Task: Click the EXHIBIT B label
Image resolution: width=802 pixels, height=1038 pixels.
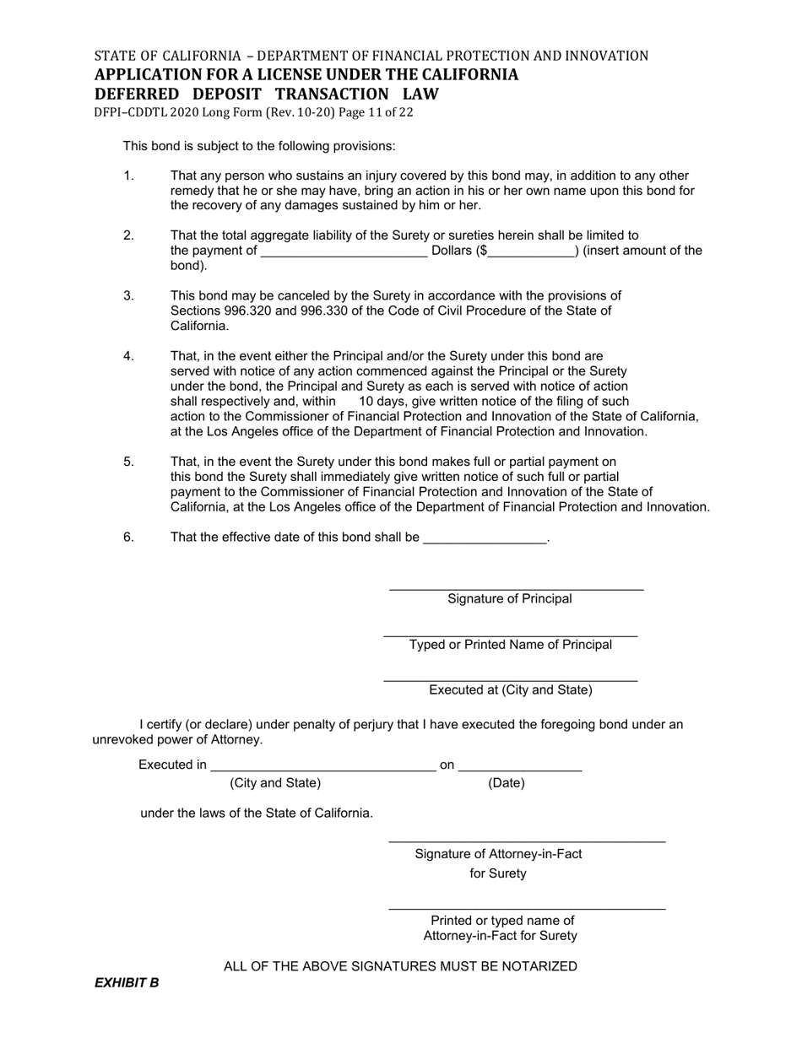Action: pyautogui.click(x=127, y=982)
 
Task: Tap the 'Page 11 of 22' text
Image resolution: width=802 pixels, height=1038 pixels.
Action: pyautogui.click(x=373, y=112)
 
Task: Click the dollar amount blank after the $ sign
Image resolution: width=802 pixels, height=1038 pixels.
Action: pyautogui.click(x=531, y=254)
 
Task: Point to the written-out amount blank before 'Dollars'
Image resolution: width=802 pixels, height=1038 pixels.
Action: pyautogui.click(x=344, y=254)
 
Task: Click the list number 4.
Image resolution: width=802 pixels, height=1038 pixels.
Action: pyautogui.click(x=129, y=356)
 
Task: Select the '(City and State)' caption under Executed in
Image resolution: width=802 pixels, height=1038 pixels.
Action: pyautogui.click(x=275, y=783)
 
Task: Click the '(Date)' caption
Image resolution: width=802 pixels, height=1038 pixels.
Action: pyautogui.click(x=507, y=783)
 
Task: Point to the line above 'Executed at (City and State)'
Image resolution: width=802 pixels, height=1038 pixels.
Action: pyautogui.click(x=510, y=679)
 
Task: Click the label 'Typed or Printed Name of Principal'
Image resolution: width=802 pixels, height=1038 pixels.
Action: pyautogui.click(x=511, y=645)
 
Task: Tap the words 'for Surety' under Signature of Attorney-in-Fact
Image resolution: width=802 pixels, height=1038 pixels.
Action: pyautogui.click(x=498, y=873)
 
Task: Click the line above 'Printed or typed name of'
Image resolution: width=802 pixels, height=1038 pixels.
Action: pyautogui.click(x=527, y=908)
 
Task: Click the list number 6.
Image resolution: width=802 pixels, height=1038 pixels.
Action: pyautogui.click(x=129, y=537)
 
